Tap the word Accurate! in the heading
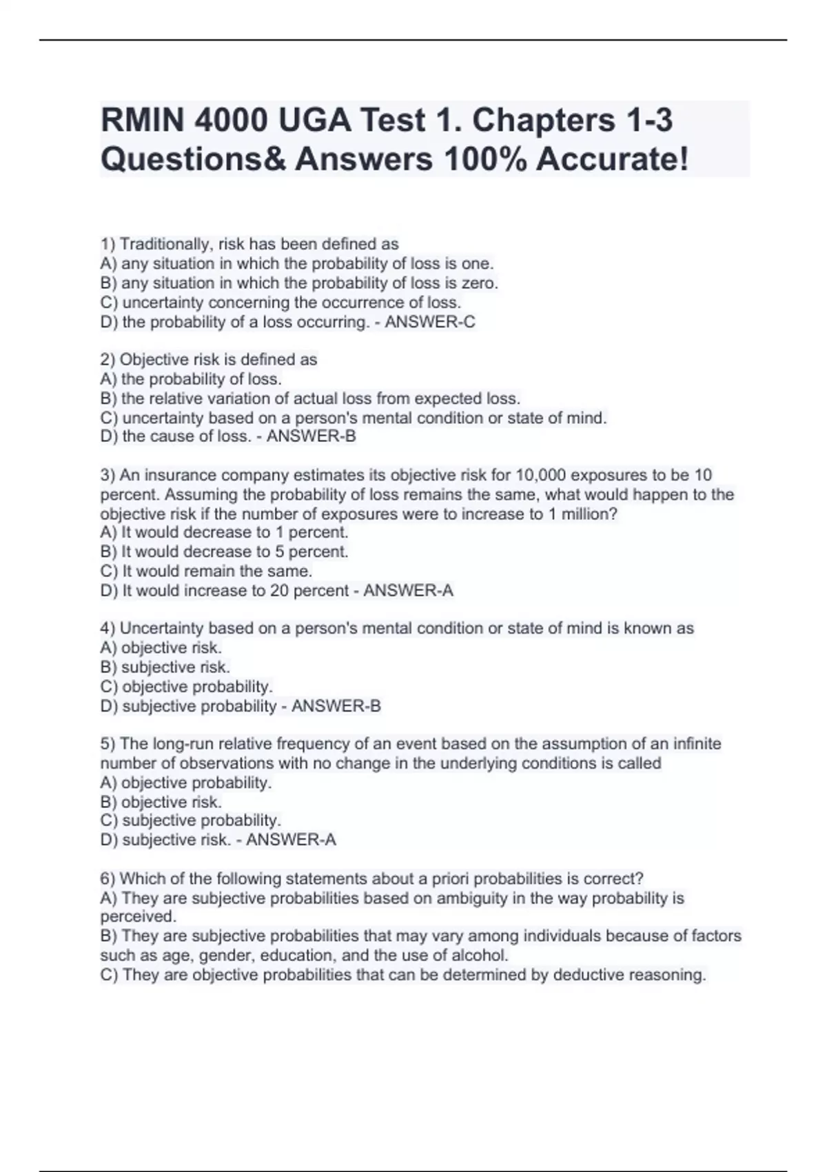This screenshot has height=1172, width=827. tap(612, 160)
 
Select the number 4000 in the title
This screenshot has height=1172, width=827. tap(232, 121)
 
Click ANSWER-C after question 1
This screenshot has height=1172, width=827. tap(430, 322)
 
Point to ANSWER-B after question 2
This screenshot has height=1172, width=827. tap(312, 436)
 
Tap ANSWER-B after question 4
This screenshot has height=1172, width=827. tap(336, 707)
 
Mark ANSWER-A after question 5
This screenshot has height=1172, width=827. tap(292, 840)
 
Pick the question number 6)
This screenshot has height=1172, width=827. tap(108, 879)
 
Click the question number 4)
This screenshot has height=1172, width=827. tap(108, 629)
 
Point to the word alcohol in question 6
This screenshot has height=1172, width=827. tap(480, 956)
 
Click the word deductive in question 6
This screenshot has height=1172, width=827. tap(587, 975)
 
